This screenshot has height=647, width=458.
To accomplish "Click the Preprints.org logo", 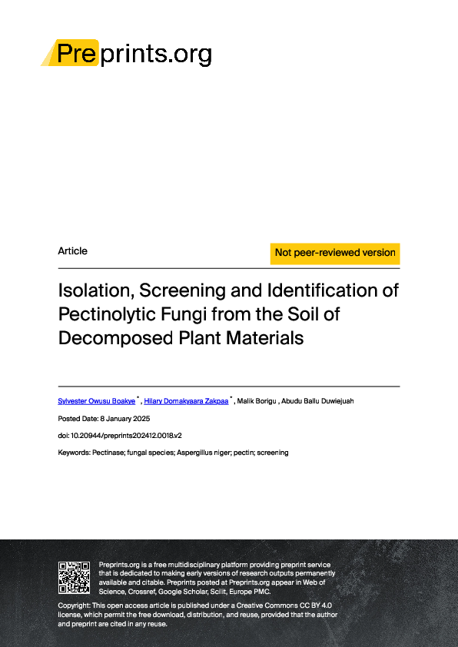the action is [x=126, y=53].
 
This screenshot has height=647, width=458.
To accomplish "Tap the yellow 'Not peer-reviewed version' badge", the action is [x=335, y=253].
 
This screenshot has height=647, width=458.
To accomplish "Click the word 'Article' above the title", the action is [x=73, y=251].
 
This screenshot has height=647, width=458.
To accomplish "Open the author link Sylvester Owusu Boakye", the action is [x=96, y=401].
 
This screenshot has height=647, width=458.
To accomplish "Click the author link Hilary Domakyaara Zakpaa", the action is [x=186, y=401].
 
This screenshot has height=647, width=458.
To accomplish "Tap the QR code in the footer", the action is [x=75, y=577].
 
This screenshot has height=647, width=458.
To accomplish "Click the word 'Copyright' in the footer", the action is [x=74, y=606].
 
